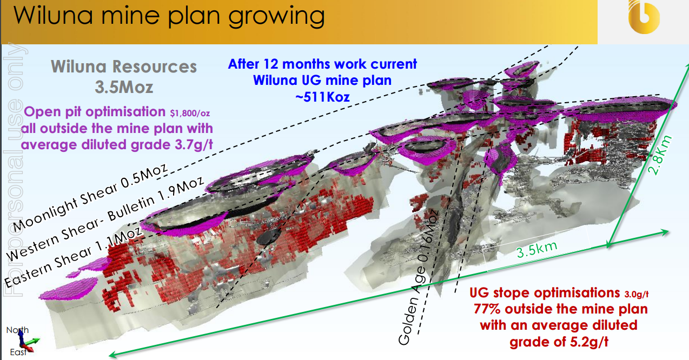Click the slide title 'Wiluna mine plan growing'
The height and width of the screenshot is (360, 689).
169,16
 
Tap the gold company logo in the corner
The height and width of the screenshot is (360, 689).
644,17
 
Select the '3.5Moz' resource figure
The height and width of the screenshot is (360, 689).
124,87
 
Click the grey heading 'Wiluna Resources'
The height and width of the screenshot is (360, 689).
124,66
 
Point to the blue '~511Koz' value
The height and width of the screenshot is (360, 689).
322,97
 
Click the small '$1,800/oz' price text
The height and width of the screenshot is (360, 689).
190,114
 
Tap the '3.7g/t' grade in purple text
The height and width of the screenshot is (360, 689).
194,144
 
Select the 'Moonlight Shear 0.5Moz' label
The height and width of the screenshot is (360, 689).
90,197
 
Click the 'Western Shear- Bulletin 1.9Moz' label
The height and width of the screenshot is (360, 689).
105,218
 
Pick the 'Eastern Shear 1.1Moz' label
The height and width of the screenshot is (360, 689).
73,257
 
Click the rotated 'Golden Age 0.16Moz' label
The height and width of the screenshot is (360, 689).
418,277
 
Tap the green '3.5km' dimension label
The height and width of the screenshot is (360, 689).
536,249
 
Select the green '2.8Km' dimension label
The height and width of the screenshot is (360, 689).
660,155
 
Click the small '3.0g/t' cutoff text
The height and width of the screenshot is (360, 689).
637,294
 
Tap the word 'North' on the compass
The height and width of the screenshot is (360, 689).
17,330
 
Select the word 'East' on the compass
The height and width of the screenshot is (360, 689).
18,352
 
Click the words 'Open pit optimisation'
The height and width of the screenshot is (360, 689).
95,112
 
